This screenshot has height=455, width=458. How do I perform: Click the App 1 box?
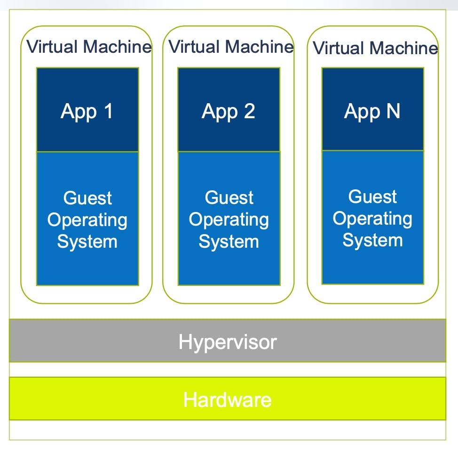click(x=87, y=110)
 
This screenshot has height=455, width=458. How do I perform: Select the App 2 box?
click(x=229, y=110)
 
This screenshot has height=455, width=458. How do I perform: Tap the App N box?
click(x=372, y=110)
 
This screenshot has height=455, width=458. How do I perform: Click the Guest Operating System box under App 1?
click(x=87, y=219)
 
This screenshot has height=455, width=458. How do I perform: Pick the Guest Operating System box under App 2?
click(x=229, y=219)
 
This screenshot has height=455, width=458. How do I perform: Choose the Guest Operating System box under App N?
click(x=372, y=218)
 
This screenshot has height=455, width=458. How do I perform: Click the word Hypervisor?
click(x=228, y=341)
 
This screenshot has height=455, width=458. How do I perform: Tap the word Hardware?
click(x=228, y=400)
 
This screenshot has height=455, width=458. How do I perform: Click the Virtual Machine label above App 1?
click(x=89, y=47)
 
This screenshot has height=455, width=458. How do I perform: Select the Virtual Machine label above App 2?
click(x=231, y=47)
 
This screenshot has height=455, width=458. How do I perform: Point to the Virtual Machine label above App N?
click(x=375, y=48)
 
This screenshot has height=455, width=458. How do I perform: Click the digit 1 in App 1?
click(x=108, y=111)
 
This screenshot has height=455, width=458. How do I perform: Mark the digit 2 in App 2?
click(x=249, y=111)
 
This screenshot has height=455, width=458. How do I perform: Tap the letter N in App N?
click(x=393, y=111)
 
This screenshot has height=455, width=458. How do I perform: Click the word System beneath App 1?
click(x=87, y=242)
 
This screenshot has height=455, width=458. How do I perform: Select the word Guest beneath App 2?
click(x=229, y=198)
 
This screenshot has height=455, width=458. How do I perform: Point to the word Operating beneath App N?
click(x=372, y=219)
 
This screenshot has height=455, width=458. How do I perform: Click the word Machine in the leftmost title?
click(x=118, y=47)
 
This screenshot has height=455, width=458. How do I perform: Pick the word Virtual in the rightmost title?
click(x=339, y=48)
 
